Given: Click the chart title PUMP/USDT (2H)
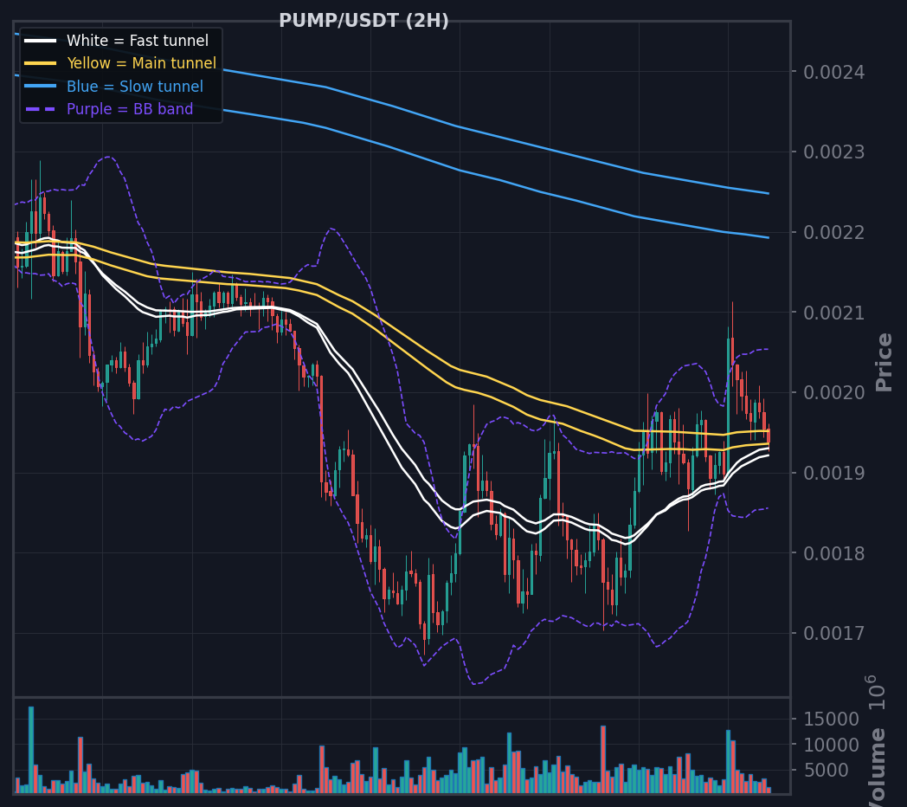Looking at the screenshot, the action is click(x=363, y=21).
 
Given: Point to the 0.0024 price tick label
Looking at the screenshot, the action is click(x=834, y=73).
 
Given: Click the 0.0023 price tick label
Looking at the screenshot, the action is click(x=834, y=152).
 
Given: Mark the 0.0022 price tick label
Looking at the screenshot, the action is click(x=834, y=233).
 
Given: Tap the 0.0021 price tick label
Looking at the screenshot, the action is click(x=834, y=313).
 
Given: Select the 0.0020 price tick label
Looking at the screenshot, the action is click(x=834, y=393).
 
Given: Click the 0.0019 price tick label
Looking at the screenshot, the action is click(x=834, y=474).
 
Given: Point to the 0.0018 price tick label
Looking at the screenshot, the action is click(x=834, y=554).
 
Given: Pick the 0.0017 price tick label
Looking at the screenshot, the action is click(x=834, y=634).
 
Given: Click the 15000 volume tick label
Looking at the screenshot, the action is click(x=831, y=720).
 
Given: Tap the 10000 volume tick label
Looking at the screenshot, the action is click(x=831, y=745).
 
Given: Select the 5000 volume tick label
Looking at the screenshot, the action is click(x=826, y=771).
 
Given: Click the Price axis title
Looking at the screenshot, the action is click(x=884, y=363).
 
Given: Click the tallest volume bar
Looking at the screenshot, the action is click(x=31, y=750).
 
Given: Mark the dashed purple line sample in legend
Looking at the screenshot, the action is click(x=41, y=109).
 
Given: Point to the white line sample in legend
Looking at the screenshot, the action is click(x=41, y=41).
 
